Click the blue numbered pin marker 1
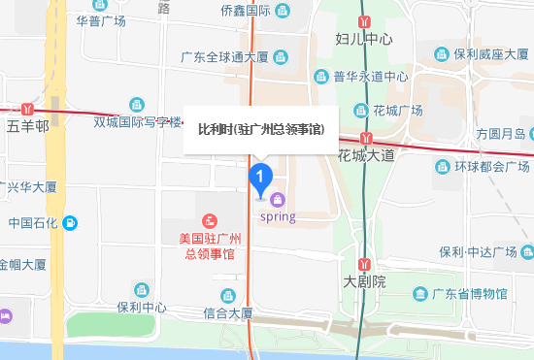(260, 178)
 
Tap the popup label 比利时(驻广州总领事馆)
(261, 129)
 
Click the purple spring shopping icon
(279, 201)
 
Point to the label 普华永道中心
(371, 76)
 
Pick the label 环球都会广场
(482, 167)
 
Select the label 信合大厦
(228, 313)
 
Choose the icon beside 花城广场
(361, 110)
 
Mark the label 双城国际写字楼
(138, 122)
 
